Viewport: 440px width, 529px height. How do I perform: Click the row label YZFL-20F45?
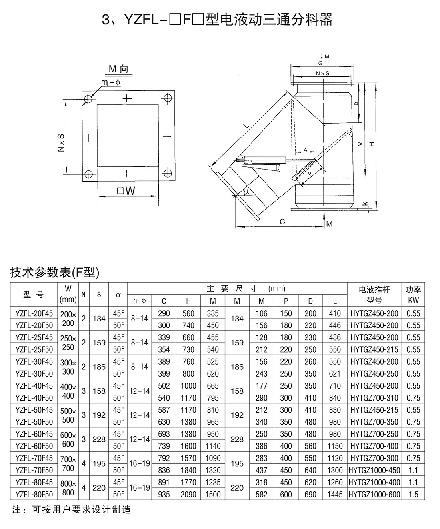(34, 313)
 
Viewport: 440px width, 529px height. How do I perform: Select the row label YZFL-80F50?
(34, 494)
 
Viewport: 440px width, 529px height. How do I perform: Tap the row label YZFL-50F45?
(34, 410)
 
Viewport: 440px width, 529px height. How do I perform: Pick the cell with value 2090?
(188, 494)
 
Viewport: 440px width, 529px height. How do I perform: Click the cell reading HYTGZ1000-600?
(374, 494)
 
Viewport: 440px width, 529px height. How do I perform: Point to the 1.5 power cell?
(414, 494)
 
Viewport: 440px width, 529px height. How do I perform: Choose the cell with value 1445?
(335, 494)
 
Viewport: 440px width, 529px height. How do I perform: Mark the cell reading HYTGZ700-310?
(374, 398)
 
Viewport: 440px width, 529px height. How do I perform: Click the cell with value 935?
(164, 494)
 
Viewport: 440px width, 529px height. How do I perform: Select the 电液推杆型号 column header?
(374, 295)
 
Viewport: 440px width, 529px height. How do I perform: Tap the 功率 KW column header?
(414, 295)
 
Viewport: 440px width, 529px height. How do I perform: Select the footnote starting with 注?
(72, 510)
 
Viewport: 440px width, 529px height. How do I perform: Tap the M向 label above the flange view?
(118, 69)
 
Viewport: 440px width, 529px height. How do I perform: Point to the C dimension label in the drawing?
(282, 221)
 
